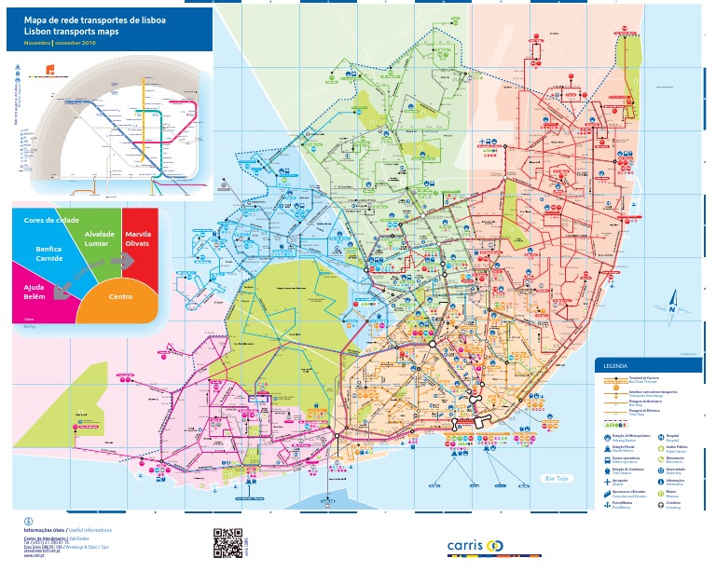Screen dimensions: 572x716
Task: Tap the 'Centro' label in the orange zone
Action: pos(120,296)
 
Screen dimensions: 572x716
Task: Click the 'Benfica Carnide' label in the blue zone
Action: pos(48,254)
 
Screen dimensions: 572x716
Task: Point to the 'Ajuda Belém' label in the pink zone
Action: pos(34,293)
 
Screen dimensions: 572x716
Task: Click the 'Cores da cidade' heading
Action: pos(52,220)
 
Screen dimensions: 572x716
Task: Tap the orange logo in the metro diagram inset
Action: pos(50,70)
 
